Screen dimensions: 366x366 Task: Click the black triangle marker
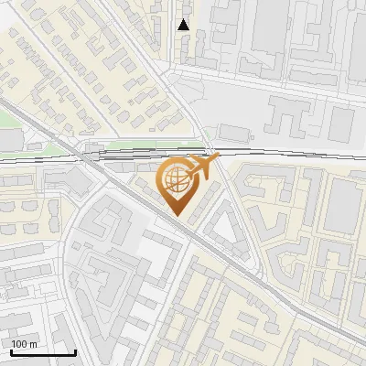pos(184,25)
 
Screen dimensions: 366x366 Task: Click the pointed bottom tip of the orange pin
pos(175,215)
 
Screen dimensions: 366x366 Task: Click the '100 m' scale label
pos(25,344)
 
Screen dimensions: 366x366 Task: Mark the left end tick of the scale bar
pos(11,351)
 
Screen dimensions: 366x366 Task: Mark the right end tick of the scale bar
pos(75,351)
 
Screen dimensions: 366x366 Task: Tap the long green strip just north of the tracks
pos(146,143)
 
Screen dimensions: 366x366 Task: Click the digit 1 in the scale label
pos(15,344)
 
